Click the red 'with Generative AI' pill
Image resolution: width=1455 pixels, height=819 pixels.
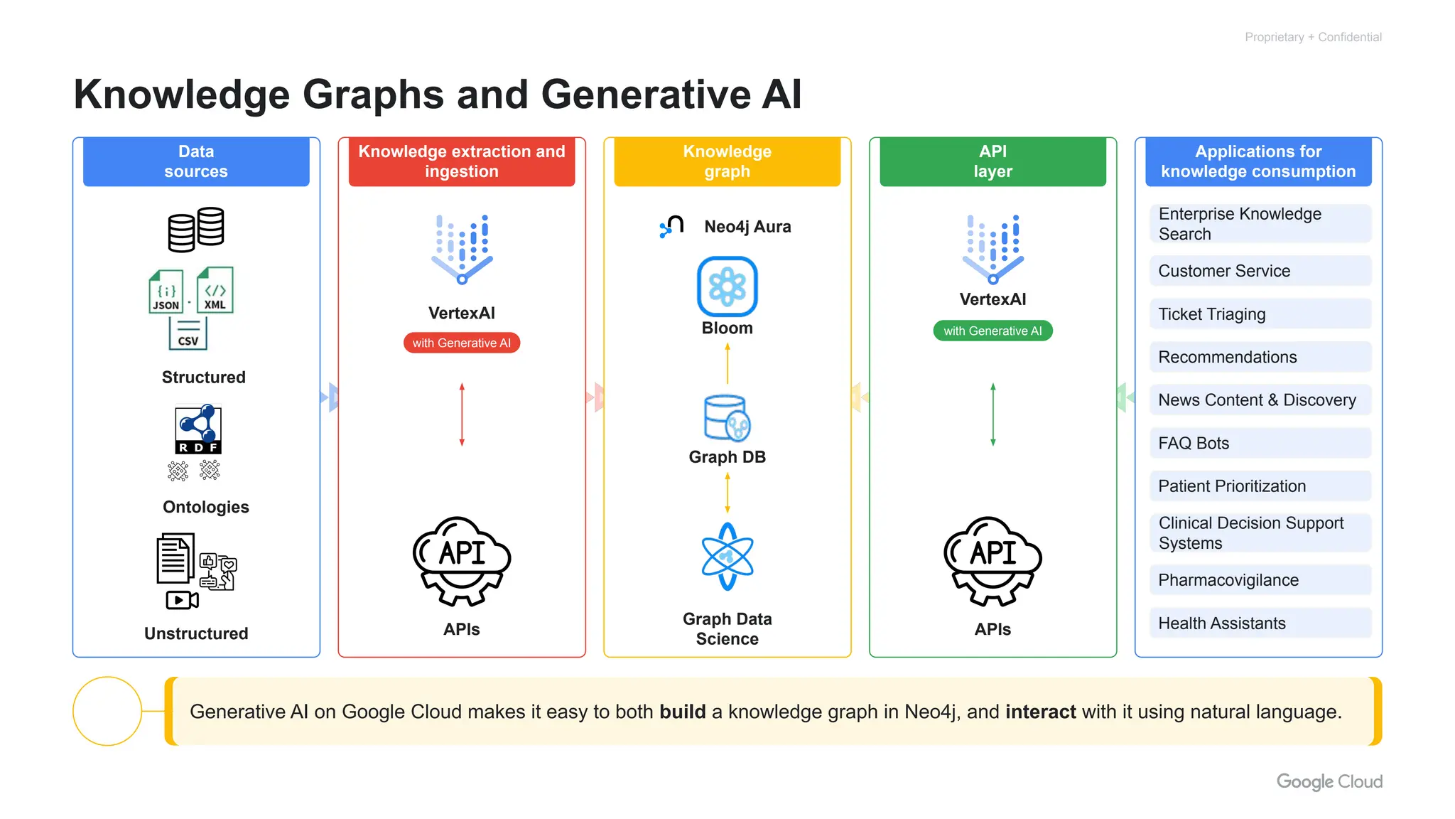click(x=462, y=343)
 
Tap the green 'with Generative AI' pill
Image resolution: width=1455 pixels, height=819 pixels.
click(x=992, y=331)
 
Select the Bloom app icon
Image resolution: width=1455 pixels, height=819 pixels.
click(x=727, y=287)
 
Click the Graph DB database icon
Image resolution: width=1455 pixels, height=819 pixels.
click(x=727, y=418)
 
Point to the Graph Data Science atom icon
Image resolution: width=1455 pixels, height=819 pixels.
click(x=727, y=557)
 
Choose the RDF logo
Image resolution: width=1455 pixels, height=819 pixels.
click(x=198, y=429)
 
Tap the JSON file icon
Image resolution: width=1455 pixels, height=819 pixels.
click(x=166, y=291)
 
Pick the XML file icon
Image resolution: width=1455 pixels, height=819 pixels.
click(x=215, y=290)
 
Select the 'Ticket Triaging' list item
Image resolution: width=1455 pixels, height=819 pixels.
click(x=1260, y=314)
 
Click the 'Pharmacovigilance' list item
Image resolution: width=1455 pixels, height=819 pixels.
click(x=1260, y=580)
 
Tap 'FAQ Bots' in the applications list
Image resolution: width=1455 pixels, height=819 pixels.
click(x=1260, y=443)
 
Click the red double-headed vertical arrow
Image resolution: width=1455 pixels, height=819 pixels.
click(x=462, y=414)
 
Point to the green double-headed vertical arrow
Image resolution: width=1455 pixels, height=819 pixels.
click(x=993, y=414)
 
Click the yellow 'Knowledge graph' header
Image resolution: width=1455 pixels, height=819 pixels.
click(x=727, y=162)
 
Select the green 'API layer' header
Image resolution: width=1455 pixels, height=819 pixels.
click(x=992, y=162)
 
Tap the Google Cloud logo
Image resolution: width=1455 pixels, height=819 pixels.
click(x=1329, y=781)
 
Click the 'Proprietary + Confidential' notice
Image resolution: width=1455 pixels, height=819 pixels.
click(x=1313, y=37)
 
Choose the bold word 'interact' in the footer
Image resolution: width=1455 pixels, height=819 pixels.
click(x=1041, y=712)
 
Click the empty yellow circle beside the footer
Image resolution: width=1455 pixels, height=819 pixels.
click(x=107, y=711)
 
